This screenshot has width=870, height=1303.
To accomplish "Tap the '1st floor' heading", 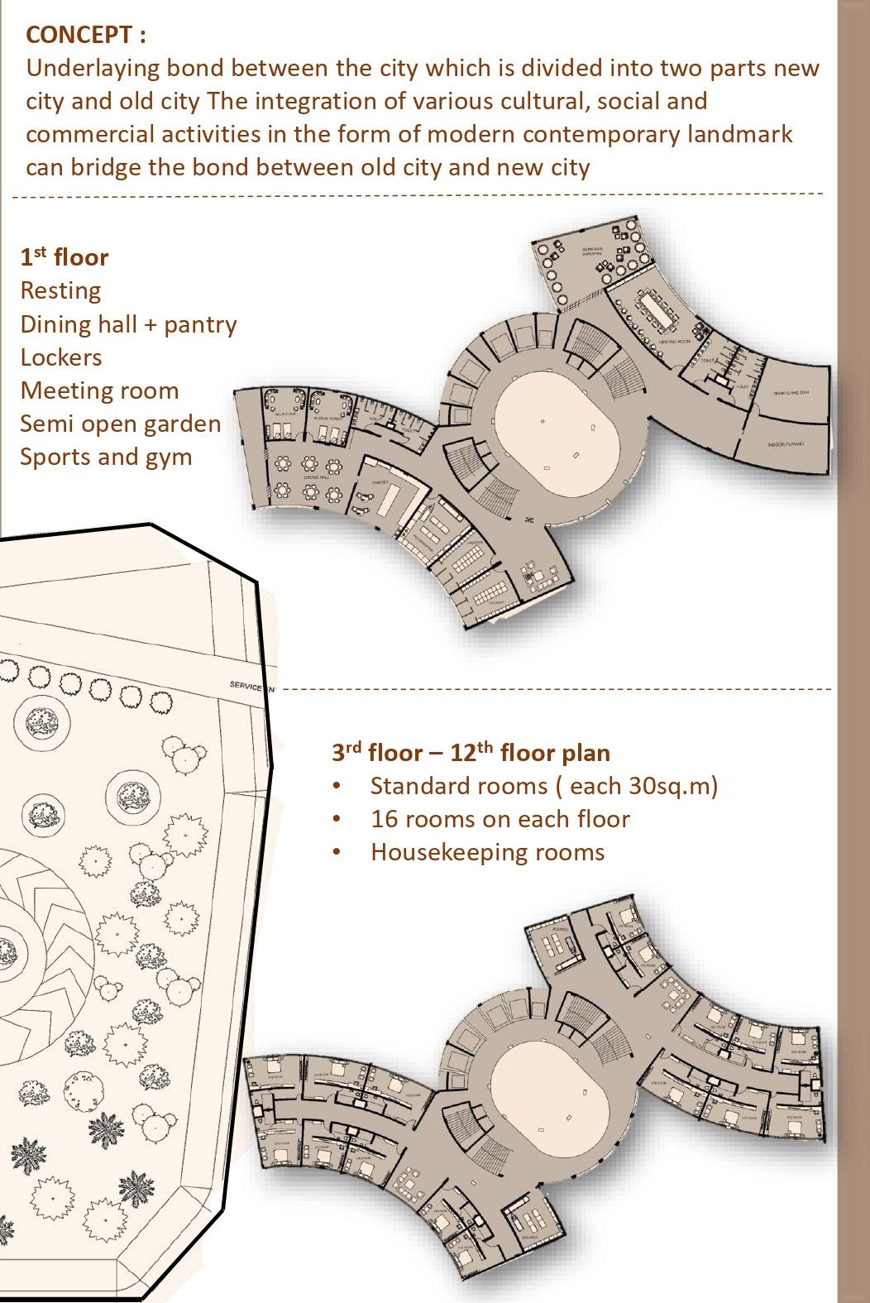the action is (x=65, y=257).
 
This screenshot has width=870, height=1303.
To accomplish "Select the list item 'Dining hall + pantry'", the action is (x=128, y=324).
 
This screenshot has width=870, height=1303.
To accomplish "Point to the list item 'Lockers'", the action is (x=61, y=357).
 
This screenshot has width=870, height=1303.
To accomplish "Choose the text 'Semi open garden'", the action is (x=121, y=424).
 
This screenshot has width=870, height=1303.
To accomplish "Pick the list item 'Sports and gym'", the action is (x=106, y=457).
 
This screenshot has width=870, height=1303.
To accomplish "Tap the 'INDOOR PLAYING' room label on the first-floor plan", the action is (x=786, y=444).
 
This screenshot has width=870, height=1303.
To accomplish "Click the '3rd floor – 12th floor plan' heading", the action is (x=471, y=753).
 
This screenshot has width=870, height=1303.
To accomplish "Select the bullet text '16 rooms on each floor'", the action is (x=500, y=820).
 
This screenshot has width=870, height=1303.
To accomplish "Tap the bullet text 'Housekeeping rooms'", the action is (x=487, y=853).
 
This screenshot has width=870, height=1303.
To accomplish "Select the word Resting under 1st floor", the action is (x=60, y=291).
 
